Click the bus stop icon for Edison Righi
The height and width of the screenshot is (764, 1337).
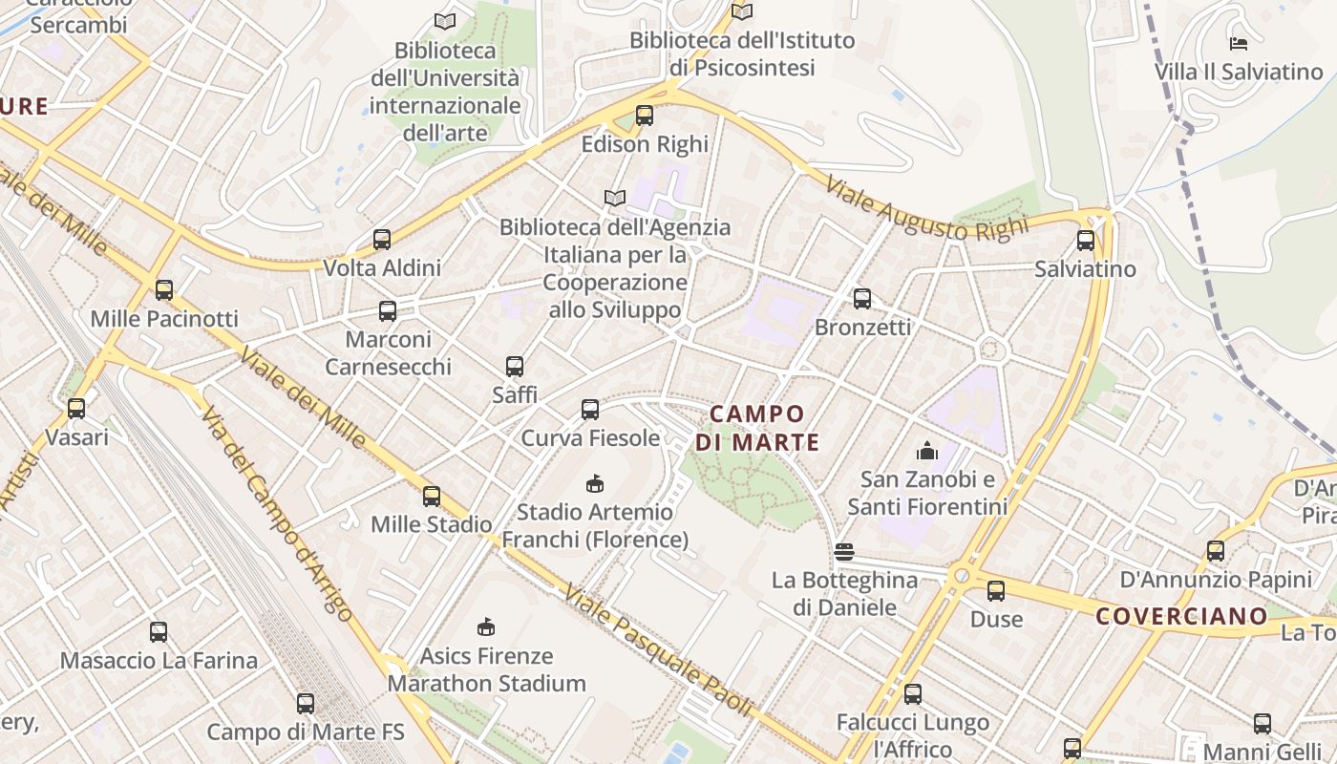645,116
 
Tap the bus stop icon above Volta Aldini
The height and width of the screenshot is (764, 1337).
382,240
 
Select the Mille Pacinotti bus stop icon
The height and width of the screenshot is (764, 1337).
164,290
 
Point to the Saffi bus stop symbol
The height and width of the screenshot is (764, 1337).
515,366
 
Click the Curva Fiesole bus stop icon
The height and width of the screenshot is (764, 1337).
590,410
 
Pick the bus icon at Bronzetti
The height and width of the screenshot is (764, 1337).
862,299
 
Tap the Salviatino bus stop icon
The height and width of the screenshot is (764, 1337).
1086,241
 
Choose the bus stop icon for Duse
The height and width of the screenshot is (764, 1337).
996,591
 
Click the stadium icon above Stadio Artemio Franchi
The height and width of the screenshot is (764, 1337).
595,483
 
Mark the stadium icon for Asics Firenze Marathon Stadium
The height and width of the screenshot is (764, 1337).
486,626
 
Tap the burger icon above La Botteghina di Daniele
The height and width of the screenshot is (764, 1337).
843,551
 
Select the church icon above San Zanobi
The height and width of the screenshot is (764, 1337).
926,451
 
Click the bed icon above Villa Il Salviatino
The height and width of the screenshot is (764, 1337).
1239,43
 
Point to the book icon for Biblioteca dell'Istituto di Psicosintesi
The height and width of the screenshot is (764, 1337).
742,11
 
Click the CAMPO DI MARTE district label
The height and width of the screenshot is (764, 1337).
757,428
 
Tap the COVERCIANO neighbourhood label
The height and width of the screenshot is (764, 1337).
1181,616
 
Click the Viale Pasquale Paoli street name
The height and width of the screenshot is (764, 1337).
659,650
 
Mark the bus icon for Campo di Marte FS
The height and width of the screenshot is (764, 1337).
306,704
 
